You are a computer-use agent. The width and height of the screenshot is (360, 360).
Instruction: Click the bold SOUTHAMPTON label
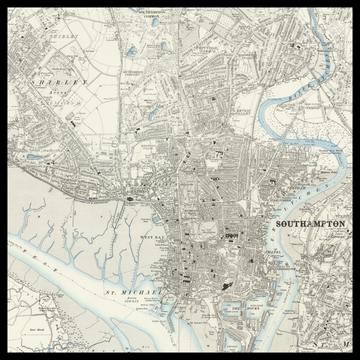point(310,224)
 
